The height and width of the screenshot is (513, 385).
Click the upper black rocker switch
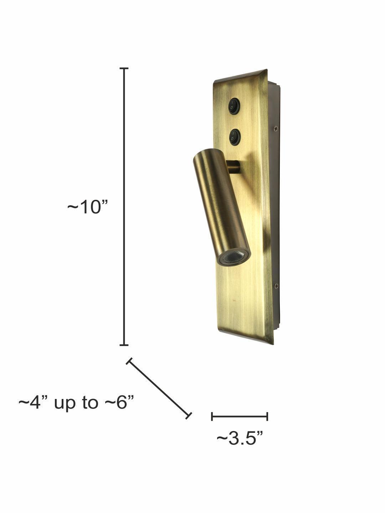(x=234, y=106)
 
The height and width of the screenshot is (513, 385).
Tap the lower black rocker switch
(x=235, y=137)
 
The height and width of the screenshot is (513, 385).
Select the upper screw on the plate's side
(x=276, y=128)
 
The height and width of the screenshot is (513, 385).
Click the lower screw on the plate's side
(x=276, y=286)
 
